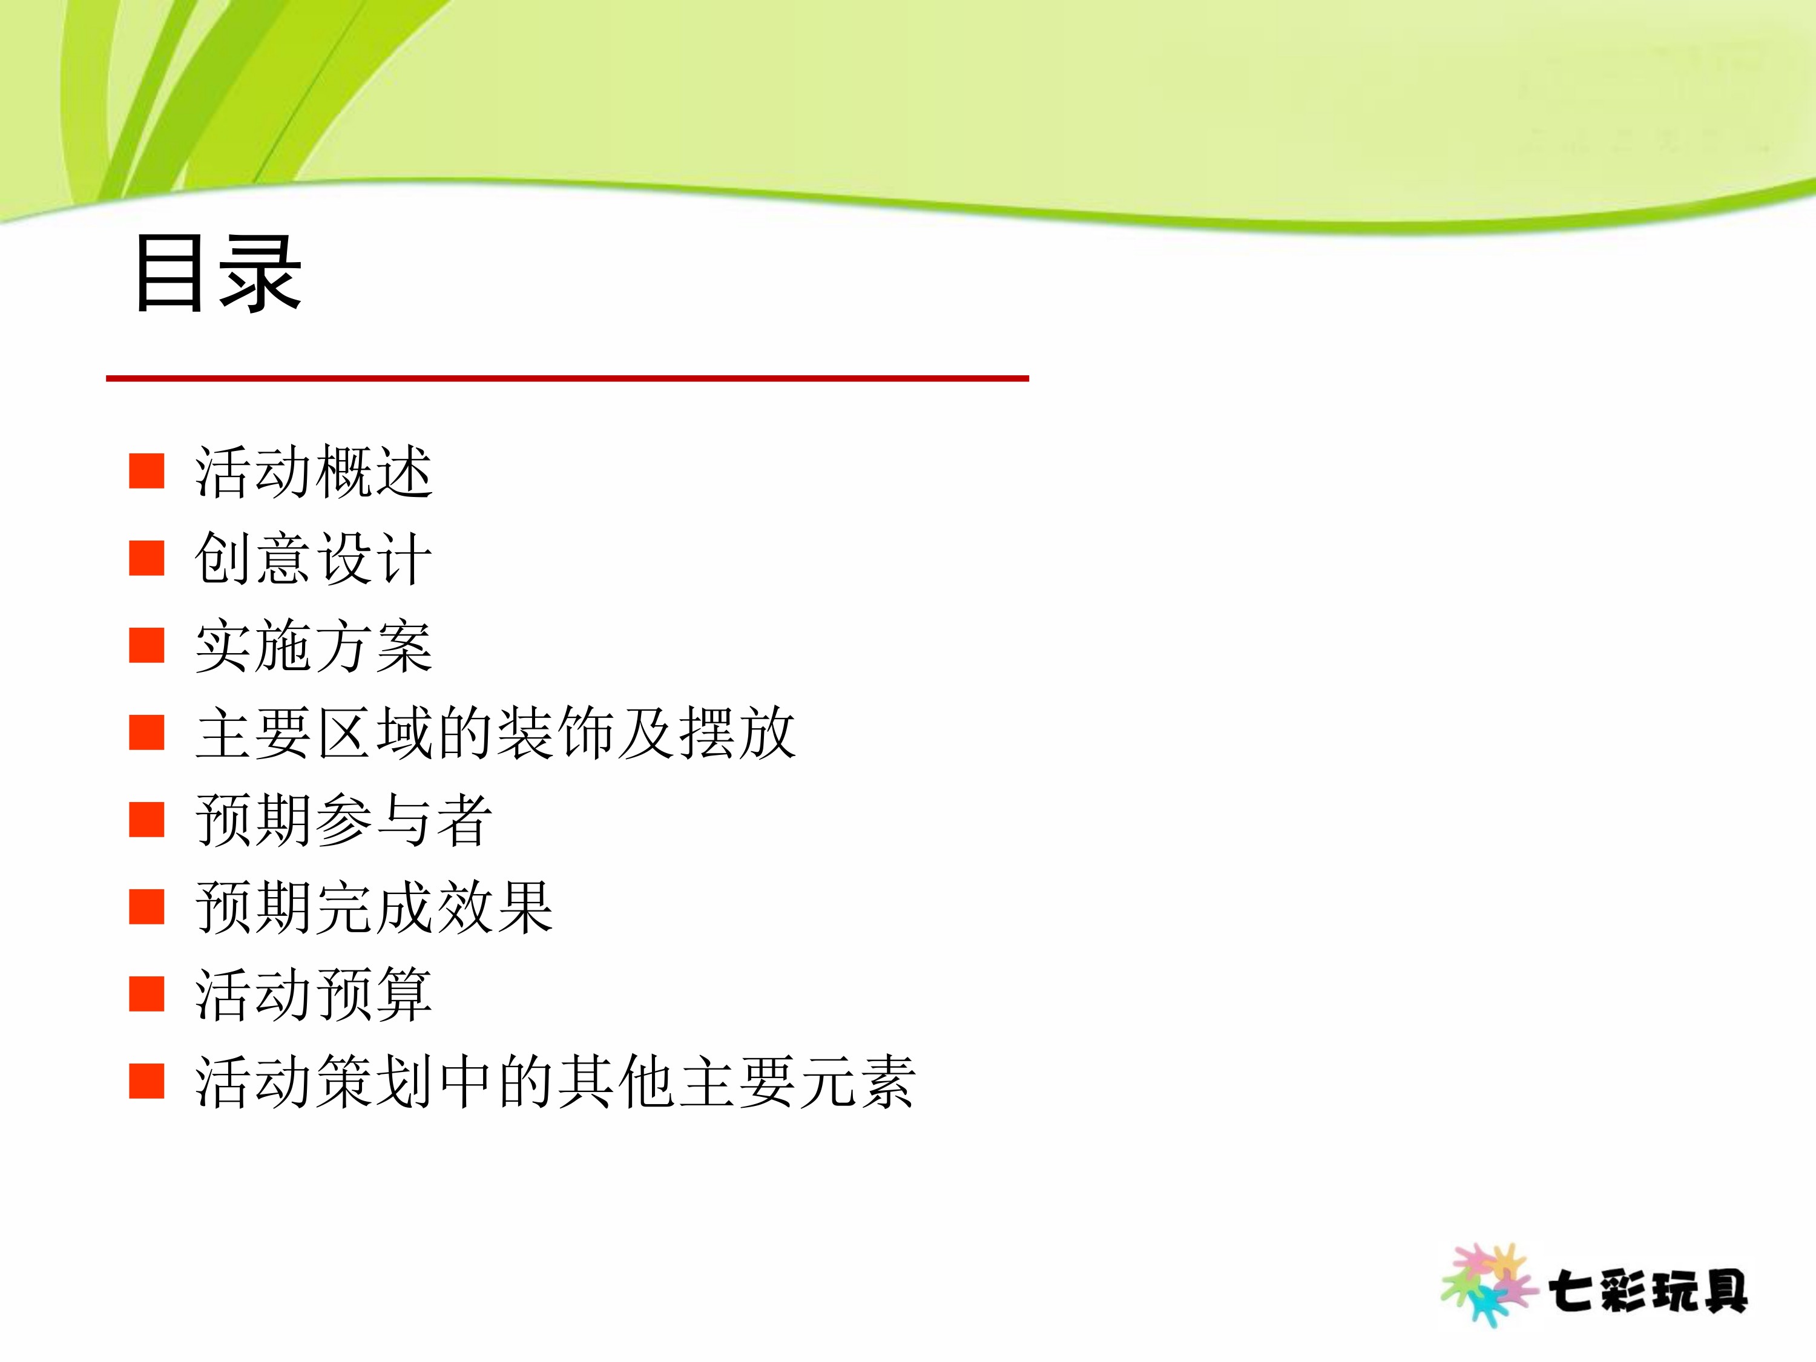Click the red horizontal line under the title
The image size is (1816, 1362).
tap(567, 378)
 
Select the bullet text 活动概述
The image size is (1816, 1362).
tap(314, 472)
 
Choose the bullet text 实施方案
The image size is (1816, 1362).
tap(314, 646)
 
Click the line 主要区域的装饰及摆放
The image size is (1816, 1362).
tap(496, 732)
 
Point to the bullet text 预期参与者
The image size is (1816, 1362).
tap(344, 820)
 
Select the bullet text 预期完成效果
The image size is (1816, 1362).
tap(374, 907)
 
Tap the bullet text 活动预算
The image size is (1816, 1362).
tap(314, 994)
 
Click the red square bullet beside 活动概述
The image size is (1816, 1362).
tap(147, 470)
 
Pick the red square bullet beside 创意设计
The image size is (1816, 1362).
tap(147, 558)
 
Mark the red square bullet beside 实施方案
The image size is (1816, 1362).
tap(147, 645)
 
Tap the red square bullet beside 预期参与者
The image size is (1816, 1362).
tap(147, 820)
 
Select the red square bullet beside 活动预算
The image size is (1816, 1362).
tap(147, 993)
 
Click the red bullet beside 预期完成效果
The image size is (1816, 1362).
tap(147, 906)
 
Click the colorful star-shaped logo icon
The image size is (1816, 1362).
tap(1489, 1285)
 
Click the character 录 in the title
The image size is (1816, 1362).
tap(262, 274)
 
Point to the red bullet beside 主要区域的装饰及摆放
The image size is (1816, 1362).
tap(147, 732)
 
